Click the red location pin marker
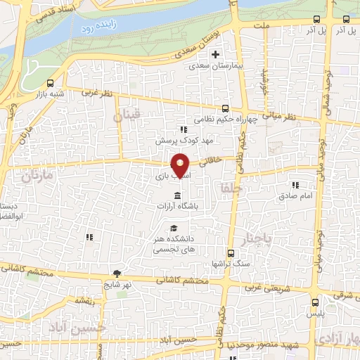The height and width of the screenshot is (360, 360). tap(181, 165)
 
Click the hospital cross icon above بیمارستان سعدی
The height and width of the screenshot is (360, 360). tap(216, 55)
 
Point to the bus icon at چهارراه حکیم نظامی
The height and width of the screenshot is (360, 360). tap(225, 108)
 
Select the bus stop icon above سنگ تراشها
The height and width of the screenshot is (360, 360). tap(230, 253)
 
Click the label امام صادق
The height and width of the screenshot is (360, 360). tap(301, 197)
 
